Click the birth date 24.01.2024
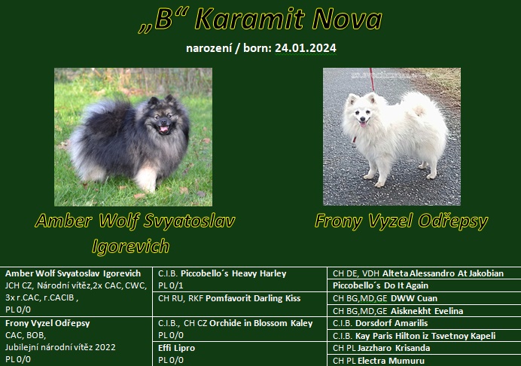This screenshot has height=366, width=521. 306,48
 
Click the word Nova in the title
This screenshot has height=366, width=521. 347,19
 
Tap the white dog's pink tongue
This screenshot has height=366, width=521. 363,124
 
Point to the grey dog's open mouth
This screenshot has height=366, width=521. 163,128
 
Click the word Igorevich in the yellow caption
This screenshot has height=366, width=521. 130,246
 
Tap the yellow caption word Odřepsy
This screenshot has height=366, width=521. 453,221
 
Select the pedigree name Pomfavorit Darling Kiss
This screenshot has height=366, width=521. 253,298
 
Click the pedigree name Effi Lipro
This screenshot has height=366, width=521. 176,348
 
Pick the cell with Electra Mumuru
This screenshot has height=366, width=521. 424,361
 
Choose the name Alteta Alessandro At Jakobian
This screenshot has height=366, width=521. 443,273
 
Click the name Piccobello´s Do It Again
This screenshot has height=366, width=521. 380,285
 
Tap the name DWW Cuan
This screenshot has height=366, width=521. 414,298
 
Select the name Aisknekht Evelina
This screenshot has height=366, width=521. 427,311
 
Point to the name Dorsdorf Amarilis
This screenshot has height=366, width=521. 392,323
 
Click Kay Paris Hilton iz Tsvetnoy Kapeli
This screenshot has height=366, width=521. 425,336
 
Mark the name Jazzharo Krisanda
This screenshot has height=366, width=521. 394,348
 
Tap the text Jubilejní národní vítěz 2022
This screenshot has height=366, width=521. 60,347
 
